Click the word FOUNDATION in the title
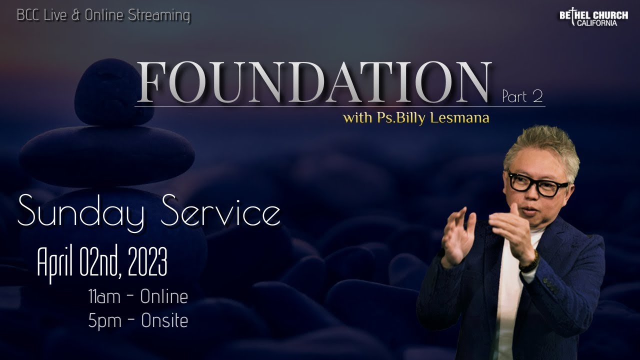tap(313, 82)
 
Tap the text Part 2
tap(522, 96)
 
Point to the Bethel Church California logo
tap(593, 18)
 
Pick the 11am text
tap(104, 297)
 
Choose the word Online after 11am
tap(164, 297)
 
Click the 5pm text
tap(104, 320)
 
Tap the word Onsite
tap(164, 320)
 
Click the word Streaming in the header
tap(159, 15)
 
